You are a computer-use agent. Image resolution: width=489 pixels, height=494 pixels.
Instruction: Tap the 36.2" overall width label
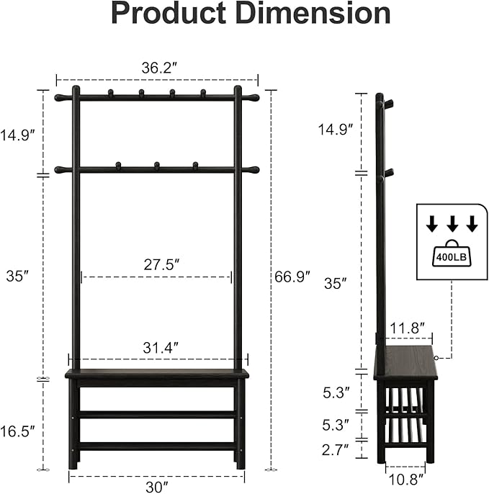tap(158, 68)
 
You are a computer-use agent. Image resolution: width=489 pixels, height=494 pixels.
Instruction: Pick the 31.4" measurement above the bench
tap(157, 347)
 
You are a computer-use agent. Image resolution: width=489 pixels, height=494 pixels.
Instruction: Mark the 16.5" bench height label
tap(17, 431)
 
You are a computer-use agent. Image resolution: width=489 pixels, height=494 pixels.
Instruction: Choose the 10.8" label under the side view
tap(405, 478)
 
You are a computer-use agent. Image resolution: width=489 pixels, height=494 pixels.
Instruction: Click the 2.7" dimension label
tap(336, 450)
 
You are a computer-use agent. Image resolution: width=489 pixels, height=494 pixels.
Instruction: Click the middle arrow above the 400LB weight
tap(452, 225)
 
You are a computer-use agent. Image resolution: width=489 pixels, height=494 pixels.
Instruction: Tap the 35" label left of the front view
tap(17, 275)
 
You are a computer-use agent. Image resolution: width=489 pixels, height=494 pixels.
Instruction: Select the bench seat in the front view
tap(156, 374)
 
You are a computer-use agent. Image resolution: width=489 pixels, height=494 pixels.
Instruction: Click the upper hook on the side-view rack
tap(388, 104)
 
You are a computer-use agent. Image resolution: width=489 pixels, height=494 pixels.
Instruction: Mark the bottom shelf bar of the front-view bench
tap(156, 446)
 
